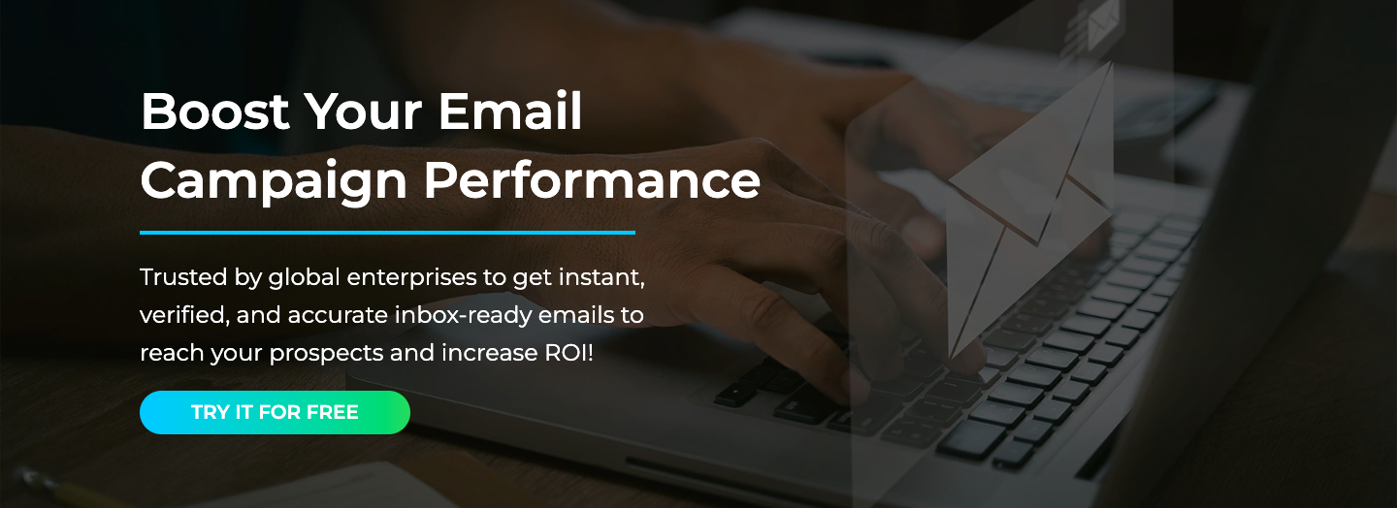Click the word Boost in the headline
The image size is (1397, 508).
tap(214, 112)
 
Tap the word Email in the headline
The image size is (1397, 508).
tap(510, 112)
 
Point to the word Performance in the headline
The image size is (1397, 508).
tap(592, 180)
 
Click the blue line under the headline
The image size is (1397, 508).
tap(387, 233)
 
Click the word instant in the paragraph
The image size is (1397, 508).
tap(603, 277)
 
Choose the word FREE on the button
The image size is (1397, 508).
tap(333, 412)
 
